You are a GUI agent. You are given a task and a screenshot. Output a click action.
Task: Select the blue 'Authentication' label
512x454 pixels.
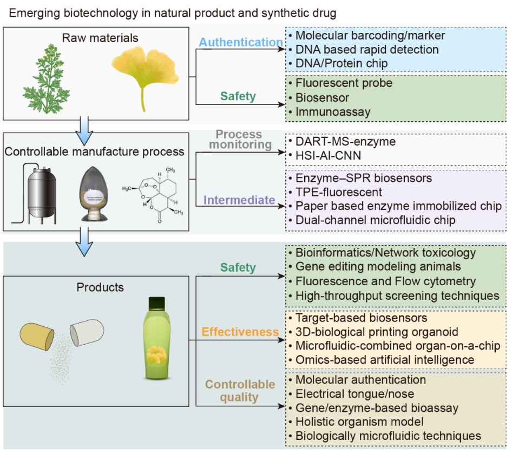[x=241, y=42]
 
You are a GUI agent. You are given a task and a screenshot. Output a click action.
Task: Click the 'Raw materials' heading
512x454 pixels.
[x=100, y=38]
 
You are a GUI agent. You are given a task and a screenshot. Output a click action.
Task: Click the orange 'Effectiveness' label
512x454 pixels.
[x=241, y=332]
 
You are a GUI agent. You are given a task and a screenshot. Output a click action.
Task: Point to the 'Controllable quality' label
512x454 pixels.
[x=240, y=391]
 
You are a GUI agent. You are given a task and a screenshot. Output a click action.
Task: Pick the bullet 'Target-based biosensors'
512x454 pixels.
[x=361, y=318]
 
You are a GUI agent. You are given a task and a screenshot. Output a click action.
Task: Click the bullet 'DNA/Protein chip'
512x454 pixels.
[x=342, y=63]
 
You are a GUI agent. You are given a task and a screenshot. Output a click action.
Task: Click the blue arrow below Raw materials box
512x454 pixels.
[x=87, y=125]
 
